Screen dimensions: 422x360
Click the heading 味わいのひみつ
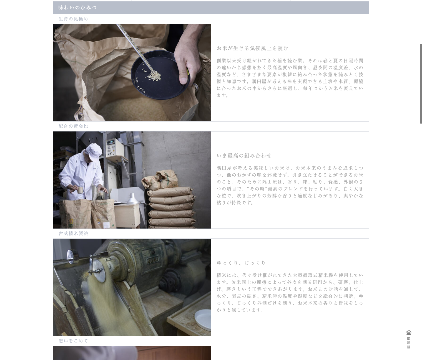coord(77,7)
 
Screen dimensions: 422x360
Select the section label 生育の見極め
coord(73,19)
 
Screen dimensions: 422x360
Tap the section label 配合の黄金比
coord(73,126)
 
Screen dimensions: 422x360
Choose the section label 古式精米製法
coord(73,234)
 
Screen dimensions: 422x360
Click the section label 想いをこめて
coord(73,341)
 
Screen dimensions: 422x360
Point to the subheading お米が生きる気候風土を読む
coord(252,48)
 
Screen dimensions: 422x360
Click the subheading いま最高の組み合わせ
coord(244,156)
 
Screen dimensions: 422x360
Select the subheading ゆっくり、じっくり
coord(241,263)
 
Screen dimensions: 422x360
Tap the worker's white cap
coord(94,152)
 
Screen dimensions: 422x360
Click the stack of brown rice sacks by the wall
coord(170,201)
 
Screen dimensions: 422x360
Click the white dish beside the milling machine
coord(203,320)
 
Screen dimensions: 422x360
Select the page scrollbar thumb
coord(421,84)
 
